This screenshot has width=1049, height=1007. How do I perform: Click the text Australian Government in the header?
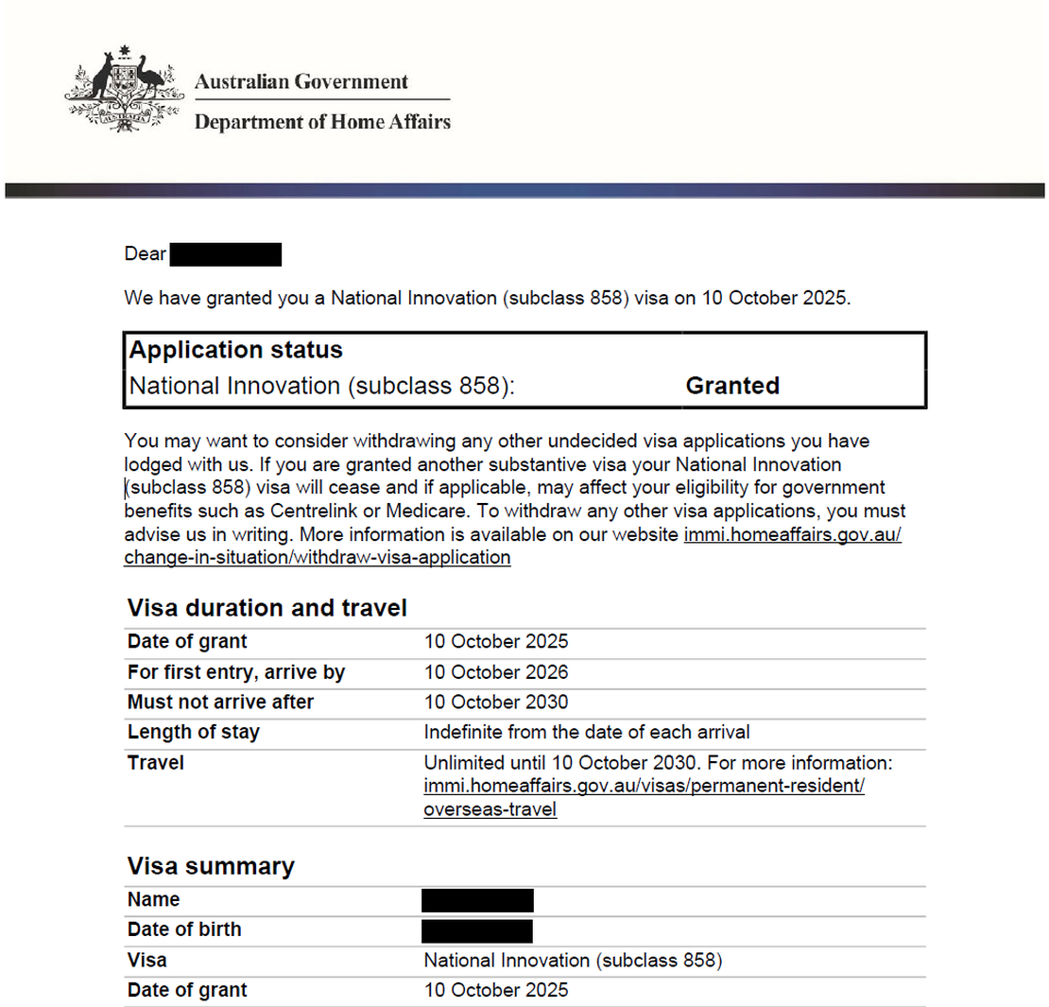pyautogui.click(x=301, y=82)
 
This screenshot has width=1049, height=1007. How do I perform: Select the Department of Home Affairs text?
pyautogui.click(x=322, y=122)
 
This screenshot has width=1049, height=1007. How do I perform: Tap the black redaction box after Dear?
pyautogui.click(x=227, y=254)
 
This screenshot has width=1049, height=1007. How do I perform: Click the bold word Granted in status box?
pyautogui.click(x=732, y=386)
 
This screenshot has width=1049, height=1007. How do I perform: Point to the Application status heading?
pyautogui.click(x=235, y=351)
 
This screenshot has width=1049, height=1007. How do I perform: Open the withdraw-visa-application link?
pyautogui.click(x=318, y=558)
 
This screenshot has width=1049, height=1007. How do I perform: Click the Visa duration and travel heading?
pyautogui.click(x=267, y=607)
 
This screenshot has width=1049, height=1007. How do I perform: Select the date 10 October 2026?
pyautogui.click(x=496, y=673)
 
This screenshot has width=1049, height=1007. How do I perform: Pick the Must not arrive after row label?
pyautogui.click(x=220, y=703)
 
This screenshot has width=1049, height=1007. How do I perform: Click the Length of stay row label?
pyautogui.click(x=193, y=733)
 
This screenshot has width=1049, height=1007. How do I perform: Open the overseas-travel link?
pyautogui.click(x=490, y=810)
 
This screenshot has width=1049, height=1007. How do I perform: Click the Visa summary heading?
pyautogui.click(x=211, y=866)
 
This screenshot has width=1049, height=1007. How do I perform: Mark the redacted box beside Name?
pyautogui.click(x=477, y=900)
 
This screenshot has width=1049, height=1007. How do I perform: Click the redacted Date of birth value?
pyautogui.click(x=477, y=930)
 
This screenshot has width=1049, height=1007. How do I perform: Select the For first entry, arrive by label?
pyautogui.click(x=236, y=673)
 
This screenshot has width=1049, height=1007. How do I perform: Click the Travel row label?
pyautogui.click(x=155, y=763)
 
